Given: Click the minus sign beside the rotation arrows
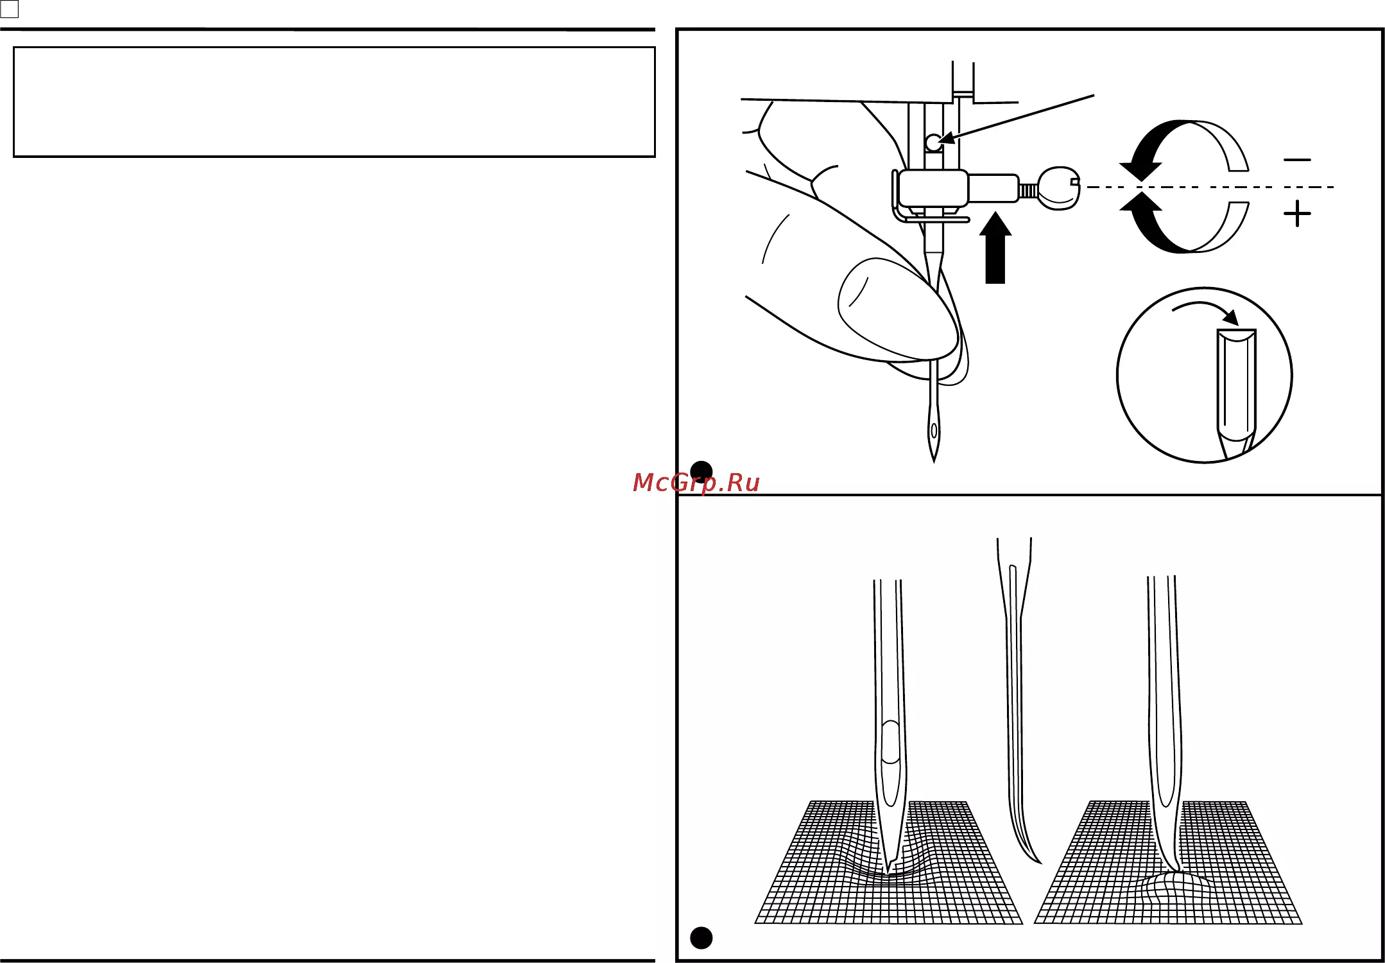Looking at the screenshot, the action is (1297, 160).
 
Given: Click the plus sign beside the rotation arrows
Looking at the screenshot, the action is (1297, 213).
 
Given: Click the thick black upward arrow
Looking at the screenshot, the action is (995, 248).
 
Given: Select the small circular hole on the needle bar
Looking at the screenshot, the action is (934, 143).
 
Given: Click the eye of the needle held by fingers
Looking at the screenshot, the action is (934, 430).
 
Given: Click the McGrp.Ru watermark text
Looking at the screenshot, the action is (696, 483).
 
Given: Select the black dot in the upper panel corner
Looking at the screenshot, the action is (701, 472).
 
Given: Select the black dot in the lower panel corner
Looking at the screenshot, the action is (701, 938).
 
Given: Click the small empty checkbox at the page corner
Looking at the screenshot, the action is (10, 9).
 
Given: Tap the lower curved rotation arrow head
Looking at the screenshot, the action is (1140, 202).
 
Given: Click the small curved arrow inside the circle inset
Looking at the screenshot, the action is (1205, 311).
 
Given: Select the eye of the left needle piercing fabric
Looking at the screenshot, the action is (891, 743).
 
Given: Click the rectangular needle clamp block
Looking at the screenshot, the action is (933, 188).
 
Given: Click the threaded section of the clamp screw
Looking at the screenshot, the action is (1028, 190).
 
